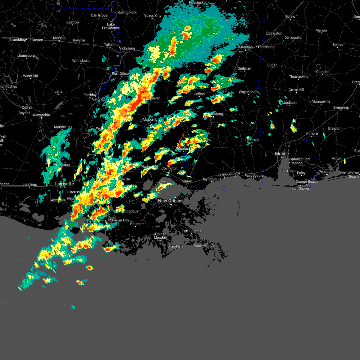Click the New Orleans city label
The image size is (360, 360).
[170, 201]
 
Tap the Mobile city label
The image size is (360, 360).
[282, 154]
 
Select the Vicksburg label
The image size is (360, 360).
[127, 48]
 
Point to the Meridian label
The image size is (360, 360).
[246, 47]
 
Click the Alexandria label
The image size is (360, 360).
[41, 115]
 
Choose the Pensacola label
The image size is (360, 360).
[327, 172]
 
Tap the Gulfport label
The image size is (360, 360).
[224, 175]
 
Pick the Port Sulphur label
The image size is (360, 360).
[192, 231]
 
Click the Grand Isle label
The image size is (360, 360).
[175, 246]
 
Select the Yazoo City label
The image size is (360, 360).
[153, 16]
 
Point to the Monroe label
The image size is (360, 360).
[59, 38]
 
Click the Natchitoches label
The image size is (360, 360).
[8, 86]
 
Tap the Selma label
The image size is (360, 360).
[337, 45]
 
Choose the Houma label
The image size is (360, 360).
[136, 224]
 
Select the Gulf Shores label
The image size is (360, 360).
[300, 188]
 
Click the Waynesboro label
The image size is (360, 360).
[248, 92]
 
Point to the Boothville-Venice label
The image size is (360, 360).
[207, 246]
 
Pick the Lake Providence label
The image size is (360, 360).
[111, 26]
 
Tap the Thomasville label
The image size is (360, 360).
[298, 76]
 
